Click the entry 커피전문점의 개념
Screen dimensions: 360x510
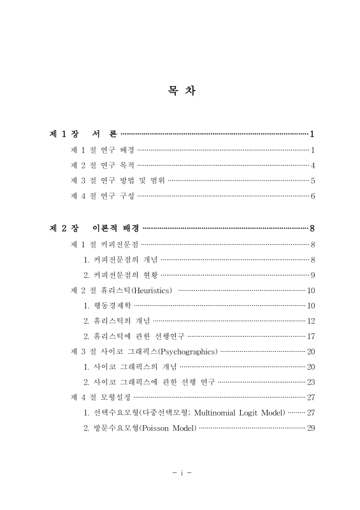(120, 259)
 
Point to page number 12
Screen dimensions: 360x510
(311, 321)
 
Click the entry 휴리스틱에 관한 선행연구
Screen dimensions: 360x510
(134, 337)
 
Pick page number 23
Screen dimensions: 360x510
(311, 382)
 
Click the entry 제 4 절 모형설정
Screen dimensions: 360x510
(101, 398)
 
